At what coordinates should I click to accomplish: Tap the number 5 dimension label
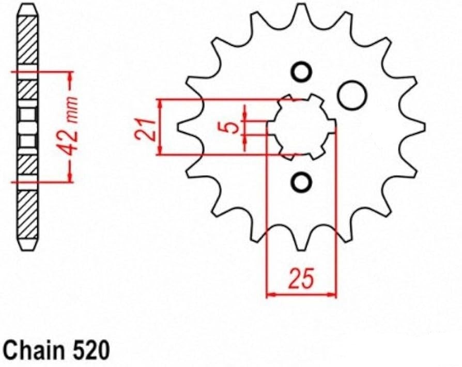click(x=232, y=126)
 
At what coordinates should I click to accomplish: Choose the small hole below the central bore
click(x=301, y=181)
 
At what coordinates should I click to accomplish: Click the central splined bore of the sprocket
click(x=302, y=126)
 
